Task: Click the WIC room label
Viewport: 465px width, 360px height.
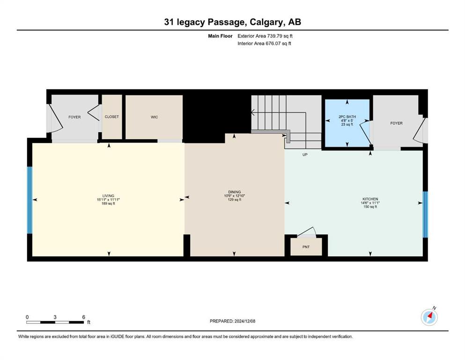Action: coord(154,117)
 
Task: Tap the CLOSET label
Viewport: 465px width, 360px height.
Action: coord(112,117)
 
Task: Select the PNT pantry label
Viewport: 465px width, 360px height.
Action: coord(306,247)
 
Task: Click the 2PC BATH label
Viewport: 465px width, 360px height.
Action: coord(347,117)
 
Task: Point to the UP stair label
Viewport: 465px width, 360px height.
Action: coord(305,155)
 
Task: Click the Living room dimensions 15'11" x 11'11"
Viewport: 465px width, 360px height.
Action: coord(108,200)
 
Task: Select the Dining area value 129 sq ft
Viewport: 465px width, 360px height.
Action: coord(234,200)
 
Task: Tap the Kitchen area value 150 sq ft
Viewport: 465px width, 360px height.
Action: coord(370,207)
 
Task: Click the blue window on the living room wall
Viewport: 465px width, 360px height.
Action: coord(30,200)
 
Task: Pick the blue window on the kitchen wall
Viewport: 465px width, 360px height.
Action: coord(425,214)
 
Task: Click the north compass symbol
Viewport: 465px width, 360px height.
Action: coord(429,317)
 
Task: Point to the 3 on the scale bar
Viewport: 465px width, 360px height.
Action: coord(55,317)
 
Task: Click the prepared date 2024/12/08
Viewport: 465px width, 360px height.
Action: coord(244,321)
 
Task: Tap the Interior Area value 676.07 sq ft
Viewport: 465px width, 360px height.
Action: coord(278,43)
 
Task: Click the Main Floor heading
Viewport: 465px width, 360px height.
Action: coord(220,36)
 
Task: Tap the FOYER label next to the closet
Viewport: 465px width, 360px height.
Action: coord(74,117)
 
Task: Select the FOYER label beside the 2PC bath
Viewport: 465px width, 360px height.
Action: coord(396,123)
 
